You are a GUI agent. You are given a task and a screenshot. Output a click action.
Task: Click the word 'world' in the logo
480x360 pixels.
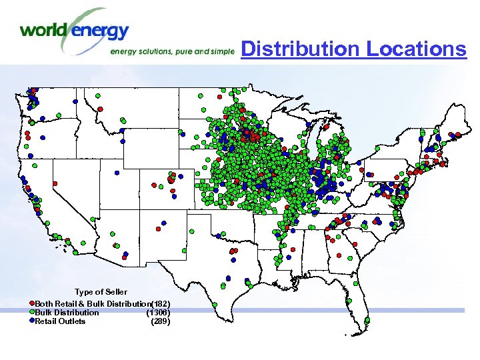pyautogui.click(x=44, y=30)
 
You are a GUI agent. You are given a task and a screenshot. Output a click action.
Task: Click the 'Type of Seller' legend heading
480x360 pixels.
pyautogui.click(x=101, y=292)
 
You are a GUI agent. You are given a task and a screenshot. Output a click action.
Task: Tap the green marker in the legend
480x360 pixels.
pyautogui.click(x=31, y=312)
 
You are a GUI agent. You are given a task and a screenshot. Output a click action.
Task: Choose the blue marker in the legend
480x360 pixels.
pyautogui.click(x=31, y=321)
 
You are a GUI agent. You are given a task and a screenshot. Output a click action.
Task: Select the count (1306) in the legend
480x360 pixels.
pyautogui.click(x=159, y=312)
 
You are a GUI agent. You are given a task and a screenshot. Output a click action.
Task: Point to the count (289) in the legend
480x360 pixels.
pyautogui.click(x=160, y=321)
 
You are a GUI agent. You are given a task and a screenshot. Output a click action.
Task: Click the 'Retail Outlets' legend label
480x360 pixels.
pyautogui.click(x=60, y=321)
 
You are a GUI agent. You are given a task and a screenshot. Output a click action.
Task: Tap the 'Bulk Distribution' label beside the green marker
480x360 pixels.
pyautogui.click(x=67, y=313)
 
